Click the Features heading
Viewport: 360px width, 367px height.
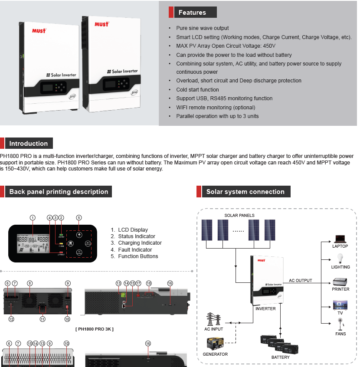pos(192,13)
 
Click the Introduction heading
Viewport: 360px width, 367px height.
pos(29,144)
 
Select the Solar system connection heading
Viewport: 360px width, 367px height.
pos(245,192)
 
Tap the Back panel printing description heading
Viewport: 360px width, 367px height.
pos(59,192)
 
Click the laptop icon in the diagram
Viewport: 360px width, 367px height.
pos(340,239)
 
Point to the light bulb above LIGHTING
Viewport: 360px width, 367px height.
pos(340,259)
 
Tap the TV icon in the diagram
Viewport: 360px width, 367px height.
pos(340,304)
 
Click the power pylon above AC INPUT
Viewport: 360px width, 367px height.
pos(214,319)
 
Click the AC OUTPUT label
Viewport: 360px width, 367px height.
pos(300,281)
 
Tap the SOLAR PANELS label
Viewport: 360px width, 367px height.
pos(239,216)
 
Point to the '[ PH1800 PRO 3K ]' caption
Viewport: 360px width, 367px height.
pos(95,329)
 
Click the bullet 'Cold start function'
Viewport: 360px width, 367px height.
pos(197,90)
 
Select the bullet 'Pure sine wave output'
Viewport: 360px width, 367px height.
pos(202,28)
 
